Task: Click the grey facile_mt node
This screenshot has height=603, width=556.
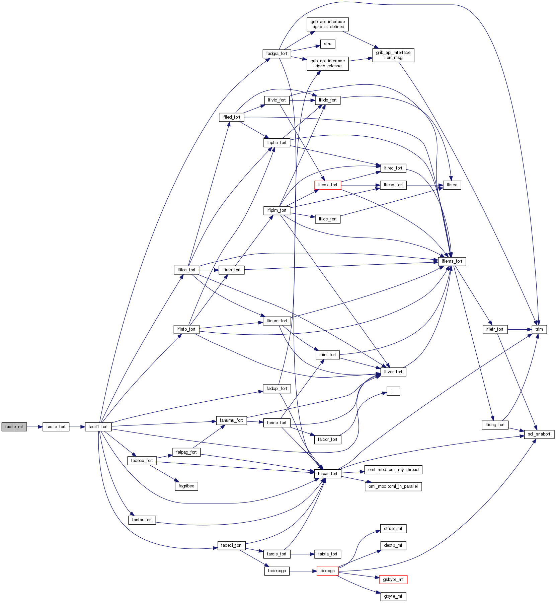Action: tap(14, 427)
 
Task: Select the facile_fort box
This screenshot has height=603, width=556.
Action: tap(56, 427)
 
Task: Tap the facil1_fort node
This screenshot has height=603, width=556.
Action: tap(98, 427)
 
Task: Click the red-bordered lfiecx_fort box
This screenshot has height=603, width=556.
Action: tap(327, 185)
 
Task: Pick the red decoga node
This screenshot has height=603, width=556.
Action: tap(327, 571)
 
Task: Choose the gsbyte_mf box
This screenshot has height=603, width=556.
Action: tap(393, 580)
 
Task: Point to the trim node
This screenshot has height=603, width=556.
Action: tap(539, 329)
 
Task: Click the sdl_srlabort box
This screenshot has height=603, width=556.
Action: tap(539, 434)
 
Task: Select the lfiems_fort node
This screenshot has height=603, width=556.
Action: tap(452, 261)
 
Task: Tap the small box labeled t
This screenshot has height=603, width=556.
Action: tap(393, 391)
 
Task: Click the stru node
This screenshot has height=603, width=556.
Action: tap(327, 44)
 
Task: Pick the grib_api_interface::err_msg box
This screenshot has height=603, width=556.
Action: tap(393, 55)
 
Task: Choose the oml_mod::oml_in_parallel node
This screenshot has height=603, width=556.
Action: tap(393, 486)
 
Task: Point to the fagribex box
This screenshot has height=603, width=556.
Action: tap(186, 486)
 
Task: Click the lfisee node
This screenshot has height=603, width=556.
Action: tap(452, 185)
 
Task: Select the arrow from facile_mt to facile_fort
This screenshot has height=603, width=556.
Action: tap(34, 427)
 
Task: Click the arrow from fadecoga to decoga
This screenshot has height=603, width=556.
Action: tap(303, 571)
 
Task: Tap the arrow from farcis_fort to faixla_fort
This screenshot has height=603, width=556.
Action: tap(302, 554)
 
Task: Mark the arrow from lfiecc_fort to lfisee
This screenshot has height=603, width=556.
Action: tap(425, 185)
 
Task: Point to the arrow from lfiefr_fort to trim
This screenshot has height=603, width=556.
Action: tap(520, 329)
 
